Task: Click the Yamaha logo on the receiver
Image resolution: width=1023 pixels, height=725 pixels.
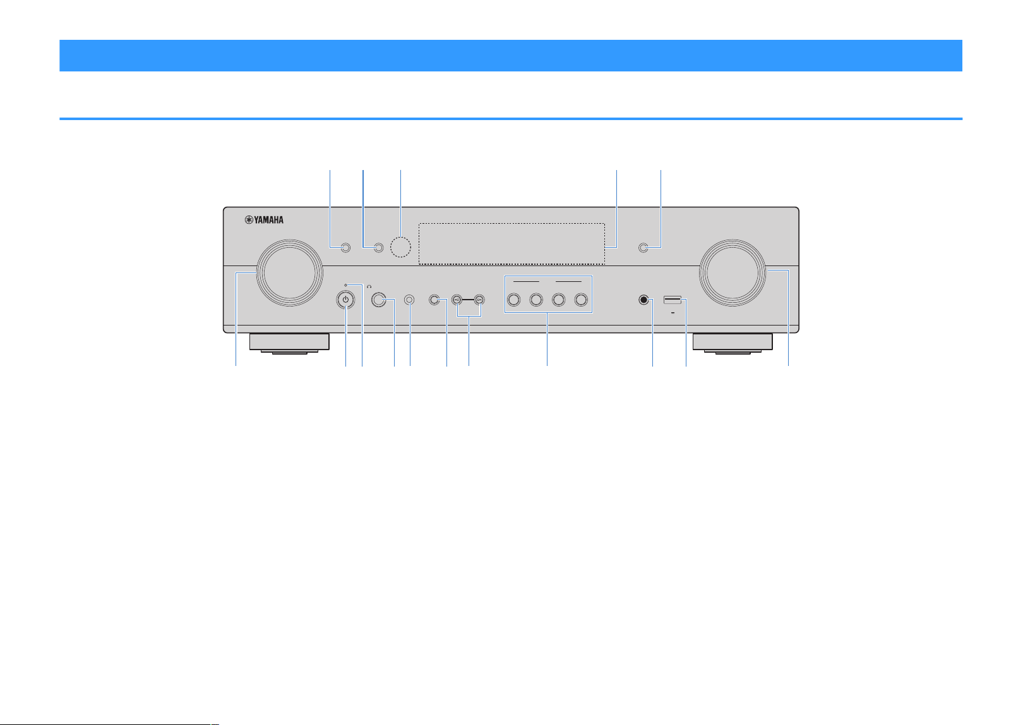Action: (x=264, y=220)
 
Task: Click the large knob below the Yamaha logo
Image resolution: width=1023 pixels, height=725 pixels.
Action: (x=290, y=273)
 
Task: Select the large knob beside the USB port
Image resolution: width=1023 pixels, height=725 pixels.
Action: (x=733, y=273)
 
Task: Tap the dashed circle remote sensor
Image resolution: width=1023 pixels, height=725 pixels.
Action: (x=400, y=247)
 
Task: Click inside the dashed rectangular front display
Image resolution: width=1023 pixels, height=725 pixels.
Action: (x=512, y=243)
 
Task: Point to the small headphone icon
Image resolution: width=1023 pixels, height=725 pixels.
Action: (x=369, y=286)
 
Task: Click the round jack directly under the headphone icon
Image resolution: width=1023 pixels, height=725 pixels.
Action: (x=379, y=300)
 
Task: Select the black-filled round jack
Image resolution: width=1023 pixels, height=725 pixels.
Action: (x=643, y=300)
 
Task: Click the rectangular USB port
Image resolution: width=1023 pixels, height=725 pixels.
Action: (x=673, y=300)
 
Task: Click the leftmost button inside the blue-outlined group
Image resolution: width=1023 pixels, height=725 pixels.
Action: (x=514, y=300)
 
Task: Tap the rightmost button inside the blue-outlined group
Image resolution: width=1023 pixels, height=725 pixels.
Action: (x=581, y=300)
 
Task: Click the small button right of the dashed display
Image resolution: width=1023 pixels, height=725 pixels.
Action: (x=643, y=248)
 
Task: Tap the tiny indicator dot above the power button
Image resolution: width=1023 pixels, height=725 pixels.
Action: (x=345, y=285)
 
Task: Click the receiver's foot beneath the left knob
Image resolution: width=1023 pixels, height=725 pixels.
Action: (x=290, y=343)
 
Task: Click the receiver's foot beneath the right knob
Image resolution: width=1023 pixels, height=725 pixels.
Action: (x=733, y=343)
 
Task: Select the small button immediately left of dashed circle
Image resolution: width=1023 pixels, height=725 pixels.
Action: (x=379, y=248)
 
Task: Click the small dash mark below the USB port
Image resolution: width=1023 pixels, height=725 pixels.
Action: (x=673, y=313)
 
